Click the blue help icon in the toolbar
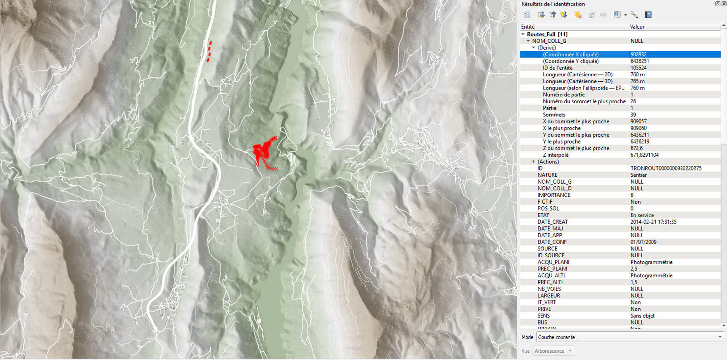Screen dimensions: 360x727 [x=648, y=15]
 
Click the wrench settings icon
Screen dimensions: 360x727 [x=634, y=15]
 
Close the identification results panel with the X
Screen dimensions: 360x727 [x=724, y=4]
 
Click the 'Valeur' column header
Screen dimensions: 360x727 [x=637, y=27]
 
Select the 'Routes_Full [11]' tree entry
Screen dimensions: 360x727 [x=547, y=34]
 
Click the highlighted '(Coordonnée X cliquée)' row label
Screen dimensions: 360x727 [x=571, y=55]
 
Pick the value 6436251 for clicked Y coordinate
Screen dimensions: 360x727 [x=639, y=61]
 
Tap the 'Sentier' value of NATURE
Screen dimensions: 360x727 [x=638, y=175]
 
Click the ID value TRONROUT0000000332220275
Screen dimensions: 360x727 [x=666, y=168]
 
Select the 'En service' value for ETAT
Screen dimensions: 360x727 [x=642, y=215]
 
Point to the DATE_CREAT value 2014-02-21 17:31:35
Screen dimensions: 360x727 [x=653, y=222]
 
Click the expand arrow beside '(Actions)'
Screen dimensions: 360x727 [x=533, y=162]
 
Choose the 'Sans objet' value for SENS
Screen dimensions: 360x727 [x=642, y=316]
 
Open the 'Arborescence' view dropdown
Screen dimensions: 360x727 [x=554, y=351]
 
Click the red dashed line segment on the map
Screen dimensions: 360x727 [x=209, y=51]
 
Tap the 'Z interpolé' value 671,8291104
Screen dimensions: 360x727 [x=644, y=155]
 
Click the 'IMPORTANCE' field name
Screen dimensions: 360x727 [x=553, y=195]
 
